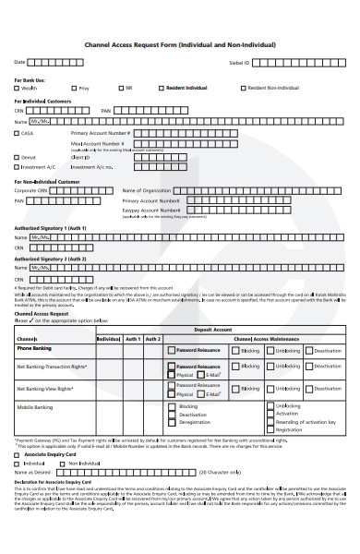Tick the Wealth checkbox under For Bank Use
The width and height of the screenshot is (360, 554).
pos(17,89)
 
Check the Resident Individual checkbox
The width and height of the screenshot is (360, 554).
pos(162,89)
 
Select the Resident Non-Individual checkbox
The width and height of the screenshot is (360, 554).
pos(244,89)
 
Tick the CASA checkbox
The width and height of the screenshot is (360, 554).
pos(17,133)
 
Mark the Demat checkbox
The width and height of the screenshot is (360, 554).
pos(17,157)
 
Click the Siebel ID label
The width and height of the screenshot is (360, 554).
pos(239,62)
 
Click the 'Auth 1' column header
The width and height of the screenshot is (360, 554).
pos(133,338)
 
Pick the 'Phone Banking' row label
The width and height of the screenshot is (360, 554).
pos(34,349)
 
